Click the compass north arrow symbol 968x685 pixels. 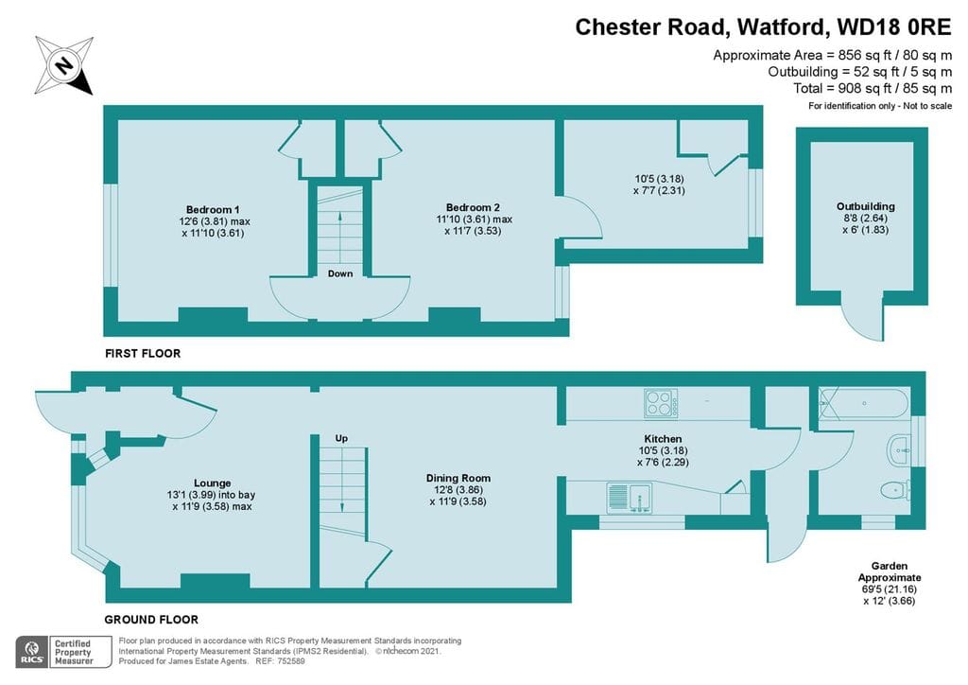[x=64, y=65]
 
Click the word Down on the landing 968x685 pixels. [x=340, y=274]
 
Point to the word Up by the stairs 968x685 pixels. [x=341, y=439]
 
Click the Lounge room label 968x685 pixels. [x=212, y=483]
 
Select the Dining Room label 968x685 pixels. [x=458, y=479]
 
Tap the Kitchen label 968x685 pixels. [x=663, y=439]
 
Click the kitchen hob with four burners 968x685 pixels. [x=662, y=403]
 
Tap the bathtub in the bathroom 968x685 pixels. [x=862, y=404]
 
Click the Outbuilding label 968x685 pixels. [x=865, y=206]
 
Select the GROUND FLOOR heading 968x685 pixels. [x=151, y=620]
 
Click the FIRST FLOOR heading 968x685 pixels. [x=142, y=353]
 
